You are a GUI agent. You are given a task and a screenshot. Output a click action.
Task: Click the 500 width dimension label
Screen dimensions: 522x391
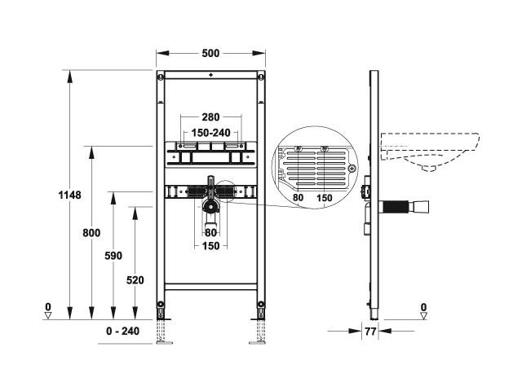click(210, 53)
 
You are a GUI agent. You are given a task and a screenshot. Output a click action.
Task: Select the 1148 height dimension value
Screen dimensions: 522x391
click(69, 195)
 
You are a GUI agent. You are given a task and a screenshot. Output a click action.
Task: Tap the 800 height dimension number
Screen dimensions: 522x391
click(91, 233)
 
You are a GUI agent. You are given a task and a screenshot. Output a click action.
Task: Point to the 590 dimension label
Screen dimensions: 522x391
click(113, 256)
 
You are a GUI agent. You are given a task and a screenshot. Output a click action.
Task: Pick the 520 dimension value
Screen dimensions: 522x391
click(135, 280)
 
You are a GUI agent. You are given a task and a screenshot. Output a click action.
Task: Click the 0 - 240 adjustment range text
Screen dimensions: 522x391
click(123, 332)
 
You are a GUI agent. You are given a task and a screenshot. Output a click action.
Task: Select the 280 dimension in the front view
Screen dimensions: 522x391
click(210, 117)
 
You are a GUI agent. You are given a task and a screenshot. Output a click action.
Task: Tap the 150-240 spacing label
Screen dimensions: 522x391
click(210, 133)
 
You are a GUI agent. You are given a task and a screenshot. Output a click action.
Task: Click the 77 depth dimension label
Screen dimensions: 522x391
click(370, 332)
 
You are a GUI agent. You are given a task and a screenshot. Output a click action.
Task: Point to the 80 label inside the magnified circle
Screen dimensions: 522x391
click(298, 197)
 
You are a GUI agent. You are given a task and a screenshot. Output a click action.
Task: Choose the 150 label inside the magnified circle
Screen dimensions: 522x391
click(325, 198)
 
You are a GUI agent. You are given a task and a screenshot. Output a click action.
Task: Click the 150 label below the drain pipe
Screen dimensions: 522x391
click(211, 246)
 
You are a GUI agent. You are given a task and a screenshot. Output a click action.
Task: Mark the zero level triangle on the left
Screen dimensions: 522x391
click(48, 315)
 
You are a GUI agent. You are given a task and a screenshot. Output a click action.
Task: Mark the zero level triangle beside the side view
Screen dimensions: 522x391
click(423, 316)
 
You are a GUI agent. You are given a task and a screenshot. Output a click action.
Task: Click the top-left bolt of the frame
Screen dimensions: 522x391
click(161, 77)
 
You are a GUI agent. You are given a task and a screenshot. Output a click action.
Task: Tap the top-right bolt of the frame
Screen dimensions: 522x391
click(261, 77)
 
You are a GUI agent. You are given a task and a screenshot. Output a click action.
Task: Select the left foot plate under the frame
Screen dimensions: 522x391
click(164, 342)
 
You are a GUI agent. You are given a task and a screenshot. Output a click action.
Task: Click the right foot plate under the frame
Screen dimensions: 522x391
click(258, 342)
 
